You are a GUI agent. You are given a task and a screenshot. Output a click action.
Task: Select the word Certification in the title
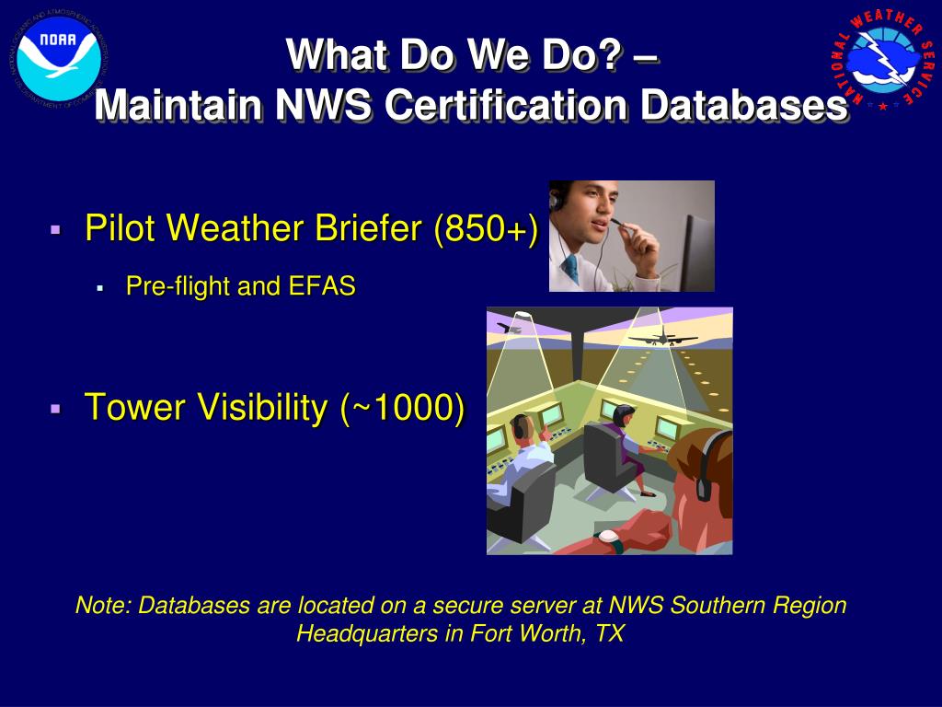click(x=508, y=105)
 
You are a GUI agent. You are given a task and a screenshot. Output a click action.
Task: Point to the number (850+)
click(x=486, y=228)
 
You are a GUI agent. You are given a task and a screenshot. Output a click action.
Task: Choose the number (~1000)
click(x=402, y=407)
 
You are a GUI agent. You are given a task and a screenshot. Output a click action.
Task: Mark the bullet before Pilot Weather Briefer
click(x=56, y=228)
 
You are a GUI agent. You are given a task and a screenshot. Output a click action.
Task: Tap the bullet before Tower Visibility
click(x=56, y=407)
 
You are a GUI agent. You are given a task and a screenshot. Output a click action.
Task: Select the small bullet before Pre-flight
click(x=99, y=287)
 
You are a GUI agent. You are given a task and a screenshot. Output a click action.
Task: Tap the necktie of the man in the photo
click(x=571, y=270)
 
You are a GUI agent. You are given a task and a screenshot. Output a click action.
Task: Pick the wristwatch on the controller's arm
click(x=607, y=539)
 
